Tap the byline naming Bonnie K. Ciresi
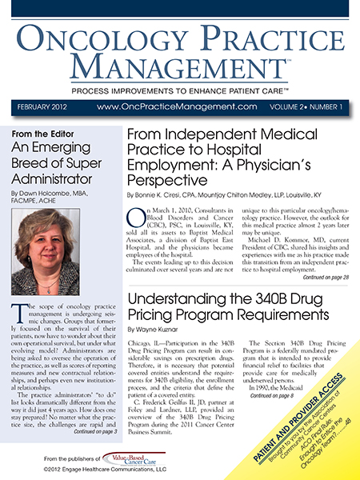point(229,194)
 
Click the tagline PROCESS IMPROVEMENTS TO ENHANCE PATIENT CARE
point(180,86)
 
